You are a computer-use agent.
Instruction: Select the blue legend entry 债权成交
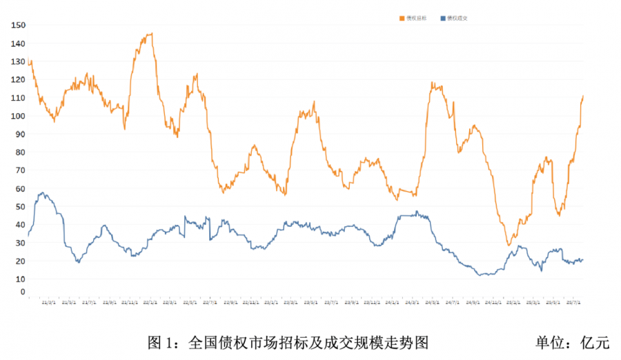coord(457,18)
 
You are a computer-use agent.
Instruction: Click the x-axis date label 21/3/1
coord(49,301)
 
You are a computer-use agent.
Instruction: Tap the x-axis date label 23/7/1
coord(331,301)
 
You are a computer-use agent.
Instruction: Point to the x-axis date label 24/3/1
coord(413,301)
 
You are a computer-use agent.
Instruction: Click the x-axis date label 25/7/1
coord(573,301)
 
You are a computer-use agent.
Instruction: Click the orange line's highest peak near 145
coord(150,33)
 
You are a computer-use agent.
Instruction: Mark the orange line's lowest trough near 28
coord(509,245)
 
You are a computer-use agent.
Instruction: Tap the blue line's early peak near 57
coord(43,193)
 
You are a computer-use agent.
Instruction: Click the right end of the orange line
coord(583,96)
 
